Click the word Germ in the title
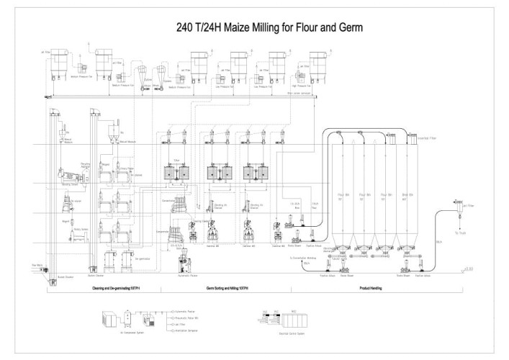tap(348, 28)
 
